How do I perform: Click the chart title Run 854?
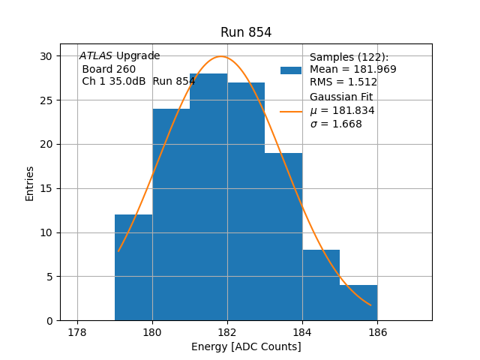(x=246, y=32)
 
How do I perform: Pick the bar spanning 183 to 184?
(x=283, y=236)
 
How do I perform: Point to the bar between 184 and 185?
(x=321, y=285)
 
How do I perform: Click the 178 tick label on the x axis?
(x=77, y=333)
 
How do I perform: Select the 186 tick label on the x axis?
(x=377, y=333)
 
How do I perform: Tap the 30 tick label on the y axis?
(x=46, y=56)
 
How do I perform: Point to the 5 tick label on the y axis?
(x=49, y=277)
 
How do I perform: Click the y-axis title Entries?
(x=30, y=184)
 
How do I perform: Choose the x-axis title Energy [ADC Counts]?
(x=246, y=346)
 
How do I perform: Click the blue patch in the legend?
(x=291, y=70)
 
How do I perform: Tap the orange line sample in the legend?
(x=291, y=111)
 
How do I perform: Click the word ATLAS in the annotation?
(x=96, y=56)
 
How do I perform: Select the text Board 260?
(x=109, y=69)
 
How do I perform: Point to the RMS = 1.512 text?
(x=343, y=82)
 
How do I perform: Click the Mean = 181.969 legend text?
(x=352, y=70)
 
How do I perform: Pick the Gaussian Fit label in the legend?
(x=341, y=97)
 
